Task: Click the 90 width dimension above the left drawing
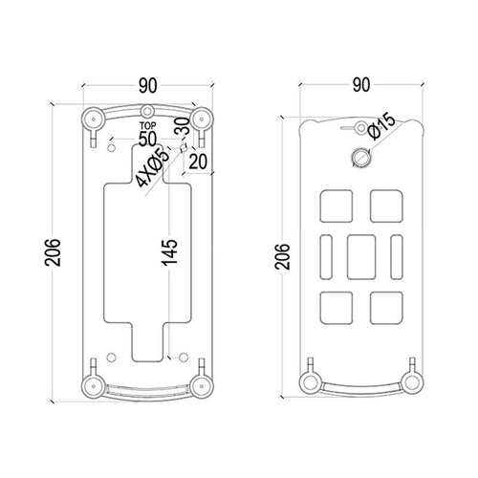coord(148,85)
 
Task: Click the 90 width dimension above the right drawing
coord(361,85)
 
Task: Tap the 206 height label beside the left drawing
coord(53,252)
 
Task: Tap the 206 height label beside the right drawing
coord(283,257)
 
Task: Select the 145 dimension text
coord(169,252)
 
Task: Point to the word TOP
coord(148,126)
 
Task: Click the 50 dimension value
coord(148,139)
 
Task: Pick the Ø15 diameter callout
coord(381,126)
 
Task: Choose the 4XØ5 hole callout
coord(152,167)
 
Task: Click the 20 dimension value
coord(198,162)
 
